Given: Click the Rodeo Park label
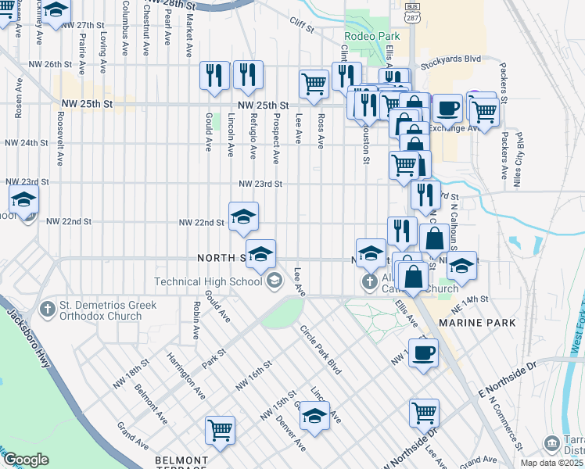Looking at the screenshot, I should (x=371, y=36).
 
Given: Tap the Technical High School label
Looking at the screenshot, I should (x=208, y=281).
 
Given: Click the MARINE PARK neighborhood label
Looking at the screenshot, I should (x=477, y=322).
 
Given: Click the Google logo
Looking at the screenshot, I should (x=27, y=459).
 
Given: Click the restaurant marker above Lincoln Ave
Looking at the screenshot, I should (x=214, y=75).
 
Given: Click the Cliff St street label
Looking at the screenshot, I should (x=301, y=27).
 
